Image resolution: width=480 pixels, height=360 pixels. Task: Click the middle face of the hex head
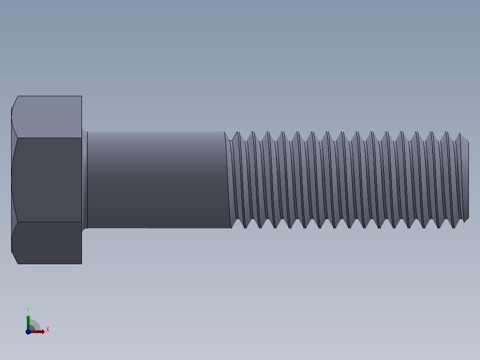[47, 180]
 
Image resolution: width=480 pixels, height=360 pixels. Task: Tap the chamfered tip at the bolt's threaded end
[466, 180]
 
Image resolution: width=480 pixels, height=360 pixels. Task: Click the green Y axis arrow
[28, 320]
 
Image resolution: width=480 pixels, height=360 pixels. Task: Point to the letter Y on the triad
[28, 309]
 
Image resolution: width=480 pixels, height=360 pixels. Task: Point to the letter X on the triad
[48, 330]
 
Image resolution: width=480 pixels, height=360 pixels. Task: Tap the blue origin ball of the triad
[28, 331]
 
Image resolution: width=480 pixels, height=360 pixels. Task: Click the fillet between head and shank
[85, 180]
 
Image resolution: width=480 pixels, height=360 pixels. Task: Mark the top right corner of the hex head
[81, 96]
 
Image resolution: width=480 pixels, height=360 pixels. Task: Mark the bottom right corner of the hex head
[81, 263]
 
